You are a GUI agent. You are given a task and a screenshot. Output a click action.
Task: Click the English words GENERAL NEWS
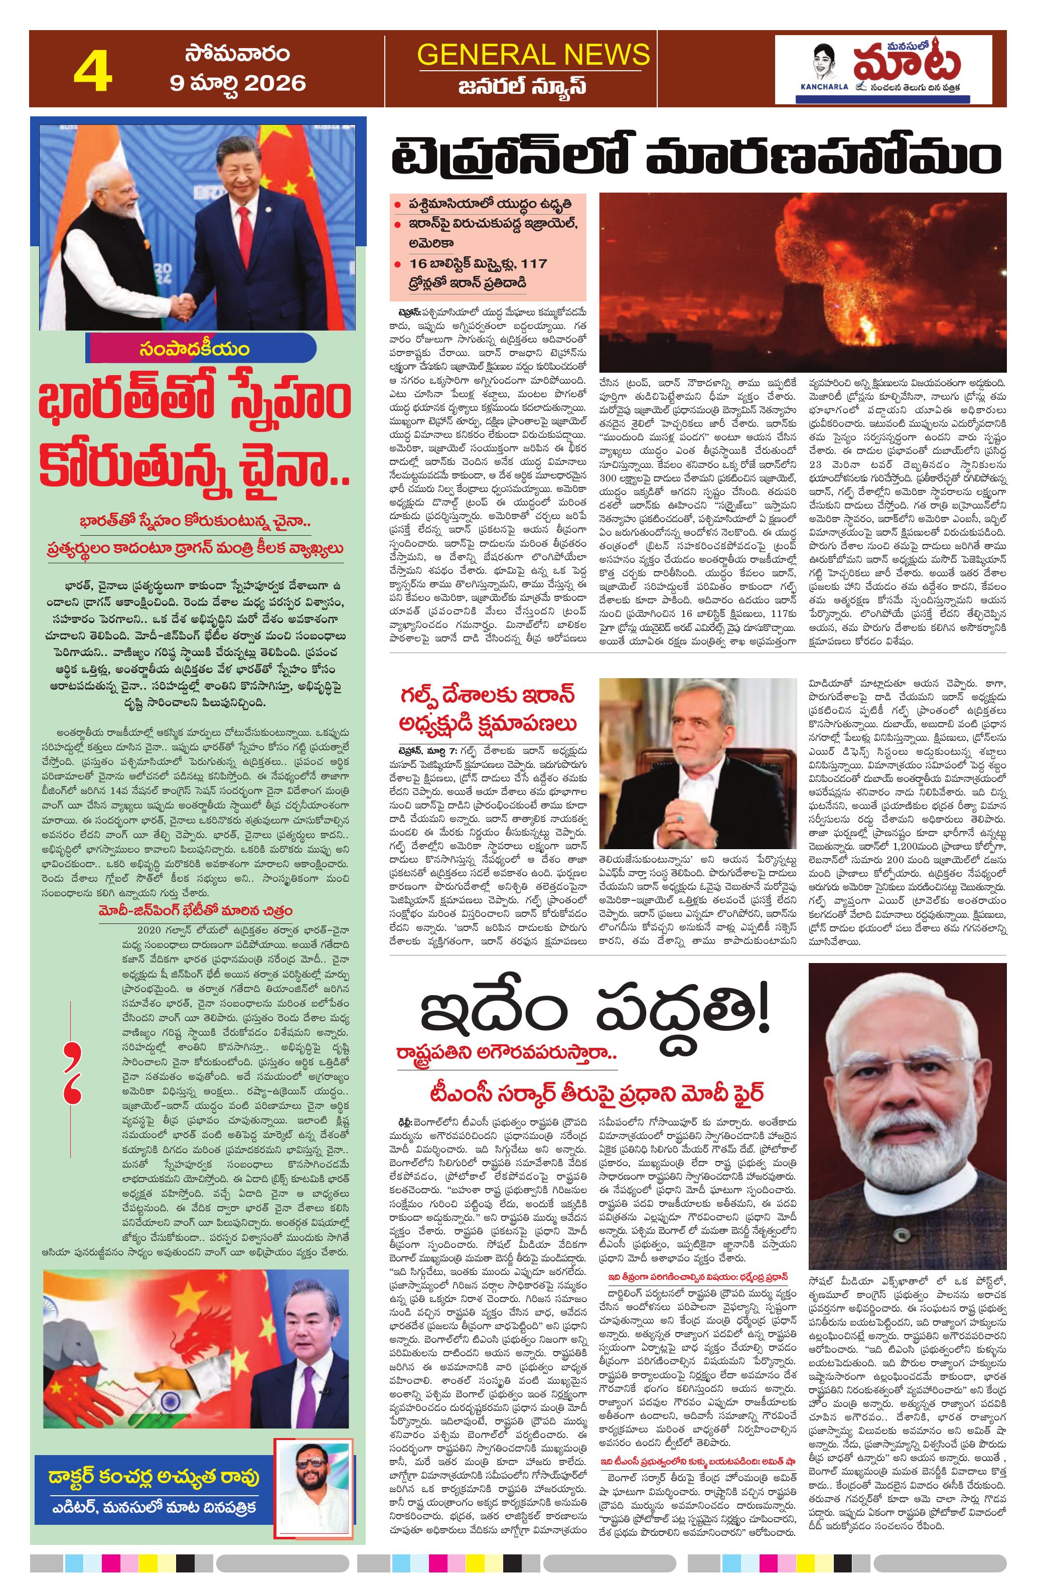click(x=533, y=54)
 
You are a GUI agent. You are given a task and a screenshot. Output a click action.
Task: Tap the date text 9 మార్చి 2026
click(x=237, y=83)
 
